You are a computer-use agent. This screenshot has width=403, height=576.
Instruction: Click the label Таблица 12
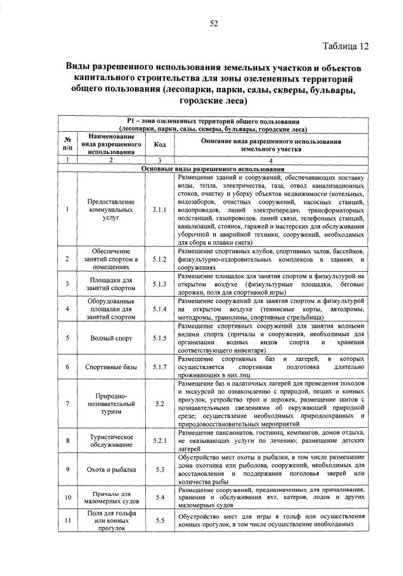coord(345,46)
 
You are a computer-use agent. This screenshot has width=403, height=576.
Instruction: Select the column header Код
coord(159,144)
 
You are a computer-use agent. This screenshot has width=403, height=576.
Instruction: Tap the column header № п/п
coord(67,144)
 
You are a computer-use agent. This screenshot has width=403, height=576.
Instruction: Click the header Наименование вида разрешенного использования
coord(111,144)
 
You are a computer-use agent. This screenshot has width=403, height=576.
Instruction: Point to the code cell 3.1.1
coord(159,209)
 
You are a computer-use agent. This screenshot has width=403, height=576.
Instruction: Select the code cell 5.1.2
coord(159,259)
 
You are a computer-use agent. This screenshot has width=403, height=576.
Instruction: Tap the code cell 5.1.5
coord(159,338)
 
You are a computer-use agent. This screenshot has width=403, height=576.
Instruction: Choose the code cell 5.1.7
coord(159,367)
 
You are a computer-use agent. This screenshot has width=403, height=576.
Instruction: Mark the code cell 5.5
coord(159,520)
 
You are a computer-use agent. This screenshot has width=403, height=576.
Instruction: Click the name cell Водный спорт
coord(111,338)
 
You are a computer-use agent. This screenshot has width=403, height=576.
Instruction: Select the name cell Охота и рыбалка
coord(111,470)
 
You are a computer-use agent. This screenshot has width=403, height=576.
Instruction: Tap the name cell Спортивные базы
coord(111,367)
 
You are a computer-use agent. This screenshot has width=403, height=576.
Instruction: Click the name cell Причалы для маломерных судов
coord(111,496)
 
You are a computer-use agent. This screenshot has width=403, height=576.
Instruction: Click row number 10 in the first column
coord(67,496)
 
